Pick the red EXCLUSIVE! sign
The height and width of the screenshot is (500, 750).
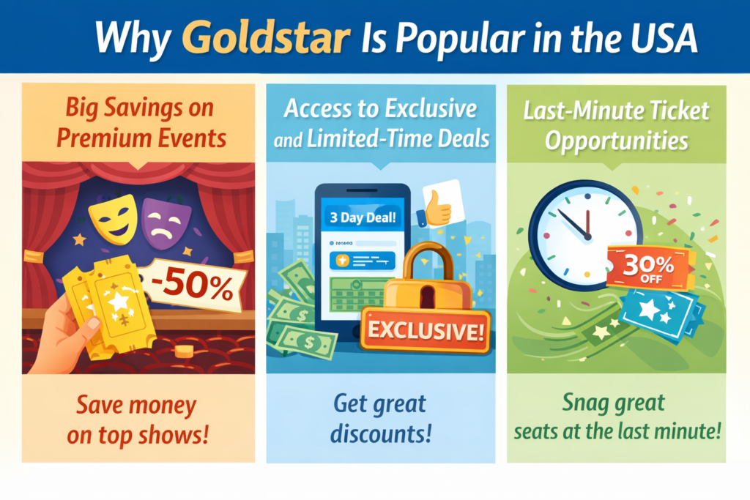click(x=426, y=329)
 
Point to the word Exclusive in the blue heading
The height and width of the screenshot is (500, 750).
click(x=431, y=110)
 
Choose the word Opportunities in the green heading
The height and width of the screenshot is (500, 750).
click(x=617, y=139)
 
